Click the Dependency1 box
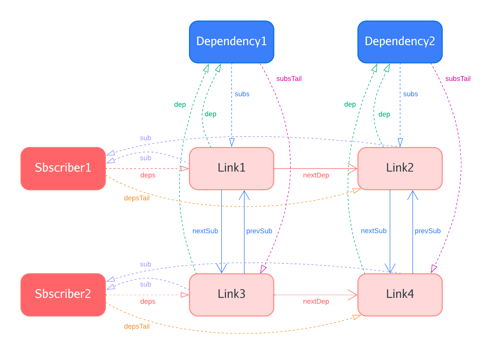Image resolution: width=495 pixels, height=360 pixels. [x=232, y=42]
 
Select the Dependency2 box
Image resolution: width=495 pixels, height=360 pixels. [x=400, y=42]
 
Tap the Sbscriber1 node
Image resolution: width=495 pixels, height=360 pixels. [x=63, y=168]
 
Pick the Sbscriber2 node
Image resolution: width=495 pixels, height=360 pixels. [x=63, y=295]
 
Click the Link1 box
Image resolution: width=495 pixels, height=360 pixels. [x=232, y=168]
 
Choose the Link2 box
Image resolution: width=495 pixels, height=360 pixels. [x=400, y=168]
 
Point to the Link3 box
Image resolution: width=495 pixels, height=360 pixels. [x=232, y=295]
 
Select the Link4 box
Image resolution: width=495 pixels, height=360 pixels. [x=400, y=295]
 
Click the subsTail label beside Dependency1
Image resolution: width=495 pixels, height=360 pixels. [x=289, y=79]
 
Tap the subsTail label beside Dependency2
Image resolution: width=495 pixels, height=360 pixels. [x=458, y=79]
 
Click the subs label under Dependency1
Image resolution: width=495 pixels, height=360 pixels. [x=242, y=94]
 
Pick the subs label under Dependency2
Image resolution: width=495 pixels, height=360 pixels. [x=410, y=94]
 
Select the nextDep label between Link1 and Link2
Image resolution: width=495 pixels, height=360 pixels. [x=316, y=175]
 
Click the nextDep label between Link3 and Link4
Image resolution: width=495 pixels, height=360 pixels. [x=316, y=302]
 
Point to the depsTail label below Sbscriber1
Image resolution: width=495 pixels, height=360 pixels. [x=137, y=198]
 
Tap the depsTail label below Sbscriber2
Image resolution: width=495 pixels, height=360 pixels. [x=137, y=327]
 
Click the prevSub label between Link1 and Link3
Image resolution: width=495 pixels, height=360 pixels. [x=259, y=231]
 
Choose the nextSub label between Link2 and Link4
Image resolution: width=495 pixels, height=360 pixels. [x=374, y=231]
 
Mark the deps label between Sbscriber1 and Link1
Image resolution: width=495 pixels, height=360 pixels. [x=148, y=175]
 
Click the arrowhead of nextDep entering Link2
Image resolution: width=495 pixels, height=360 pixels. [x=354, y=169]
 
